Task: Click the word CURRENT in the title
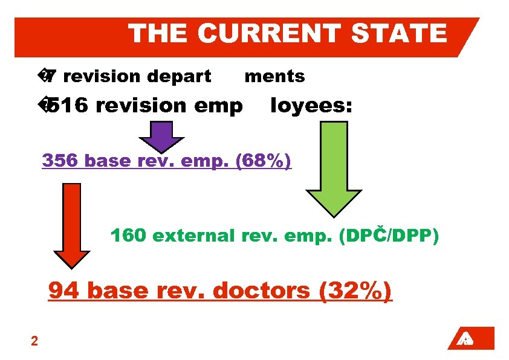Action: (x=270, y=33)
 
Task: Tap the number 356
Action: (x=61, y=161)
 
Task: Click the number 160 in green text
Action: (x=129, y=236)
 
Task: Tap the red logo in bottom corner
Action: (x=471, y=338)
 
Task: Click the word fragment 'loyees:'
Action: (x=311, y=106)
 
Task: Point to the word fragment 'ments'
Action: (x=274, y=77)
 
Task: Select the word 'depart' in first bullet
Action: (x=181, y=77)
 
